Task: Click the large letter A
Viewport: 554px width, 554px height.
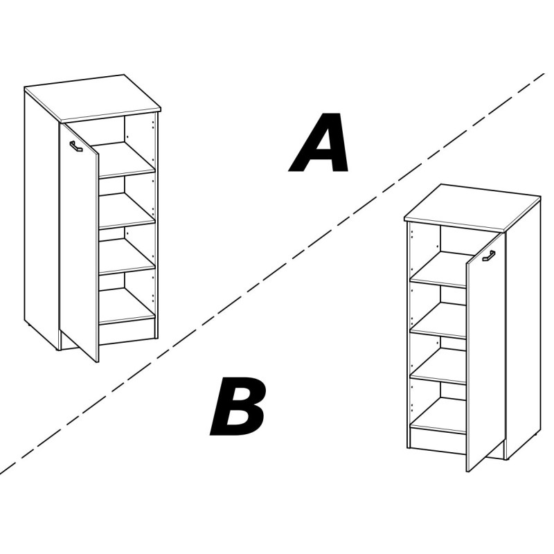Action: click(x=319, y=143)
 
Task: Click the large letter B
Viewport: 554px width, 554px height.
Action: click(x=238, y=406)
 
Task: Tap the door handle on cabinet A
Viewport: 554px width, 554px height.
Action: click(x=76, y=146)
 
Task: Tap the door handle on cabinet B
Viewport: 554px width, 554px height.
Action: click(x=489, y=256)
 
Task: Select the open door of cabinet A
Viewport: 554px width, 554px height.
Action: click(x=79, y=242)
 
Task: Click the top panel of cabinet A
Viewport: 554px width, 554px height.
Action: click(x=93, y=98)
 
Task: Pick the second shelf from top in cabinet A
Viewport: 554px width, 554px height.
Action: click(x=127, y=211)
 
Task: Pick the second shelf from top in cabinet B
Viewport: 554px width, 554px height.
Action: click(x=438, y=321)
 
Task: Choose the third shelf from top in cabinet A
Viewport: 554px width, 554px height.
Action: click(x=127, y=256)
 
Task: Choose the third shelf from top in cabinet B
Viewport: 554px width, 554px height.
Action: click(x=438, y=366)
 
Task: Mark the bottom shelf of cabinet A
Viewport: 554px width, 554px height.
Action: click(x=127, y=306)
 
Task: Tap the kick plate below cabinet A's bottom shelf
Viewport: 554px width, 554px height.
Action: click(x=127, y=332)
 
